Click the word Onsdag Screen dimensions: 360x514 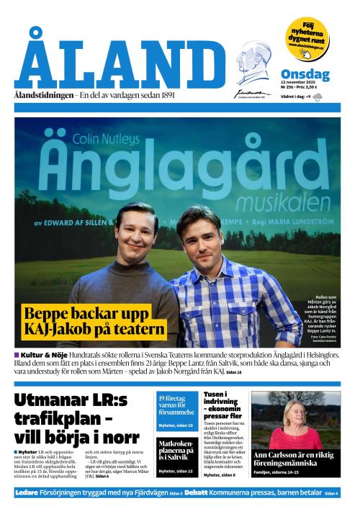pos(305,74)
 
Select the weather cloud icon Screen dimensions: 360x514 pos(318,96)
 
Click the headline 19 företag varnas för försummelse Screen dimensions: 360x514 pos(176,404)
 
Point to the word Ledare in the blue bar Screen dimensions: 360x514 pos(27,492)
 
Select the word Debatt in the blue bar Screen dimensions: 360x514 pos(197,492)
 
